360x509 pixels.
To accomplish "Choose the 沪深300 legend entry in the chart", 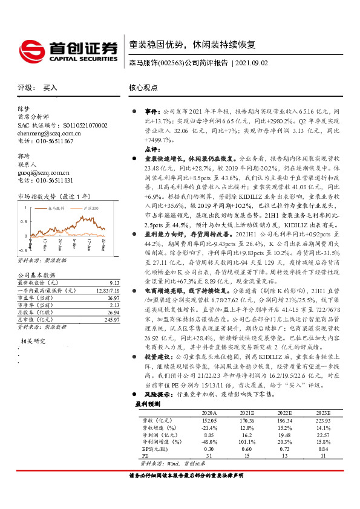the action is (91, 208).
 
